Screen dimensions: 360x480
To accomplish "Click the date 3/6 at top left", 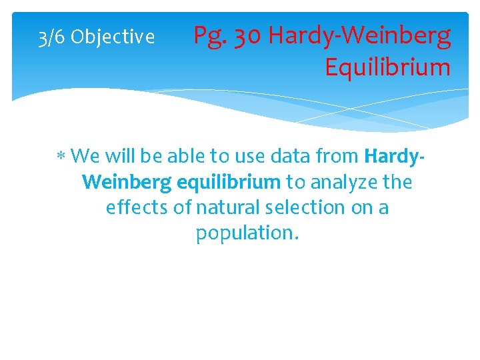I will coord(51,37).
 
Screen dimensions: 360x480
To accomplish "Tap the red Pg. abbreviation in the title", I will coord(209,37).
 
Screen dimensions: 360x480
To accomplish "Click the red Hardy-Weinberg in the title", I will coord(360,36).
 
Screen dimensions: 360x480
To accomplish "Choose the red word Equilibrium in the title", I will coord(387,67).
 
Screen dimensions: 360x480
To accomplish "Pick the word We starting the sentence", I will coord(85,157).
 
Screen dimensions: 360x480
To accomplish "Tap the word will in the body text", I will coord(117,157).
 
